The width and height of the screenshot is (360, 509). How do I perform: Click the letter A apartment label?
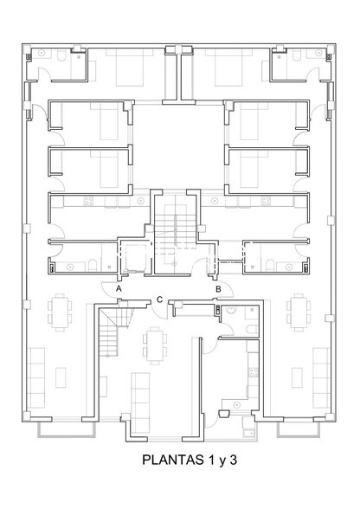click(x=106, y=289)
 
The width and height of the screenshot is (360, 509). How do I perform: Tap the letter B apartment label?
click(x=219, y=289)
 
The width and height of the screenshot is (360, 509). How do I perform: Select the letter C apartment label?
click(x=160, y=300)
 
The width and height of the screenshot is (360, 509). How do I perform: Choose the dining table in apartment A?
click(x=60, y=311)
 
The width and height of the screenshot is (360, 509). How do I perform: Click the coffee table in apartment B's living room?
click(x=296, y=377)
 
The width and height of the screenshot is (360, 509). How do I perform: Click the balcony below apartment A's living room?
click(x=65, y=429)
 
